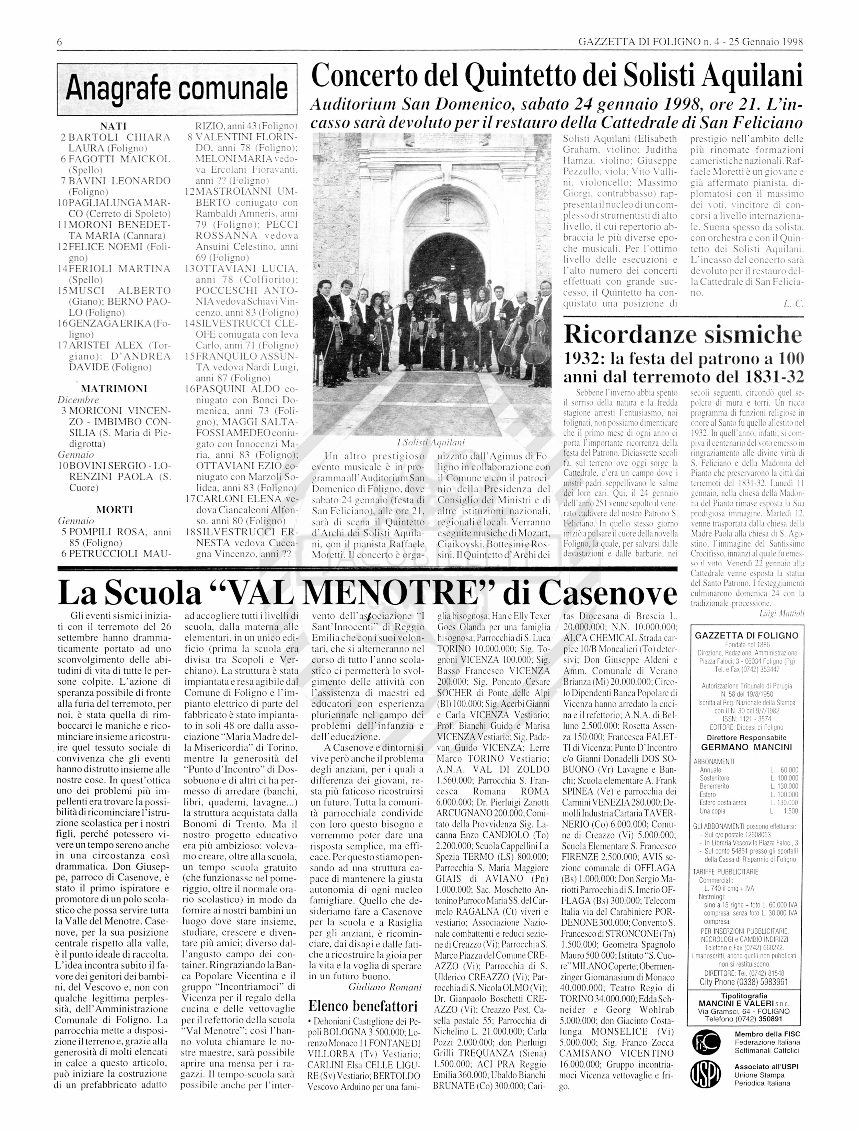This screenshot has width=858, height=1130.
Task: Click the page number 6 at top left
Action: point(59,42)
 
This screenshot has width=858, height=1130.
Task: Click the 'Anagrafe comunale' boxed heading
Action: point(177,88)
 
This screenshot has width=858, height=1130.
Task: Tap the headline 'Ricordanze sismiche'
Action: point(683,335)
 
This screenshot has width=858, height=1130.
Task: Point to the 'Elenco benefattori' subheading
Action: point(363,1006)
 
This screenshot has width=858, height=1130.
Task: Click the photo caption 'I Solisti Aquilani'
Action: point(430,442)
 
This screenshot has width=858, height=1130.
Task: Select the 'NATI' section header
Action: point(113,126)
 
